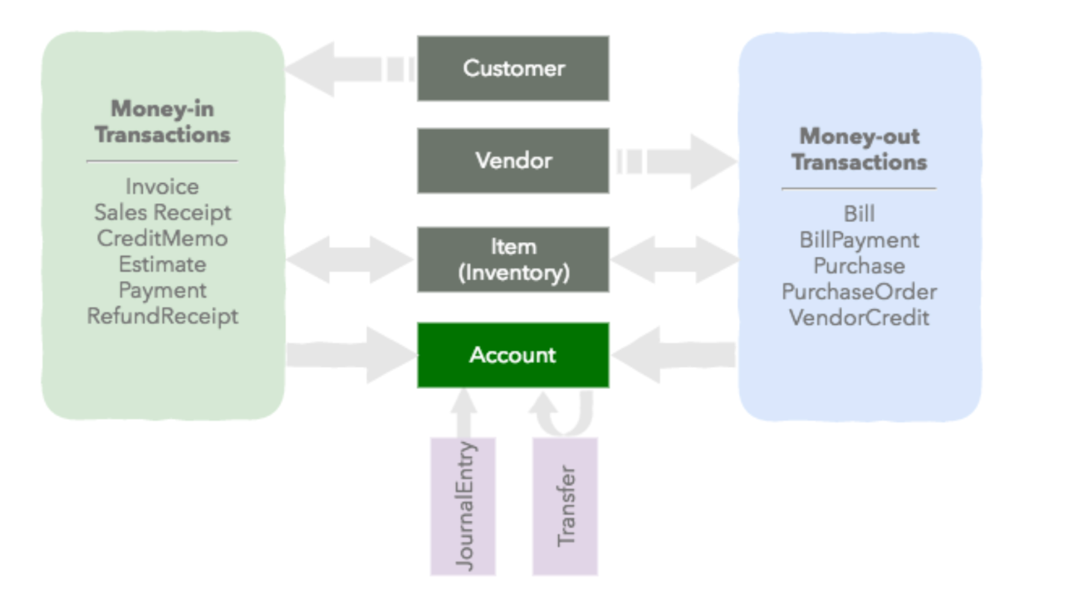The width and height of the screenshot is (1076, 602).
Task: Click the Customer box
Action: pos(513,68)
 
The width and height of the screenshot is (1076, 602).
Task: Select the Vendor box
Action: pos(513,161)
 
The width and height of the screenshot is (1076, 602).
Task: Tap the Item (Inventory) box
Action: pos(513,259)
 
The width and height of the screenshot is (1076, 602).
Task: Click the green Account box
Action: pos(513,355)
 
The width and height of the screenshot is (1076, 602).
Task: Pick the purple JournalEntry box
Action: pos(463,506)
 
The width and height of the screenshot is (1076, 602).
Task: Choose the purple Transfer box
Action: pos(565,506)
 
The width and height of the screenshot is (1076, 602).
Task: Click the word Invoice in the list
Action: pos(162,186)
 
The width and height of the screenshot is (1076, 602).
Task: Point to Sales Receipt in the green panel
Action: pos(162,212)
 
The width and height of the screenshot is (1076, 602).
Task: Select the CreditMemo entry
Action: pos(162,238)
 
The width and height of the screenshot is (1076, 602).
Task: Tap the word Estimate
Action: pos(162,264)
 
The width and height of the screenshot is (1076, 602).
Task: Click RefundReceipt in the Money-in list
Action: pos(162,316)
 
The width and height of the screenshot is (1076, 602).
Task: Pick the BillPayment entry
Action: pos(859,240)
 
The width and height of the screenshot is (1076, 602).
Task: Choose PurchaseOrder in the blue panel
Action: pos(859,292)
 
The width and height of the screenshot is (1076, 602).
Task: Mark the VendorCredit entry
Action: pos(859,317)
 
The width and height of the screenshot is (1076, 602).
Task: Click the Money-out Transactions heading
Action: pos(859,149)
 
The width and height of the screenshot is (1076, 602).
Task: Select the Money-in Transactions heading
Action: pos(162,122)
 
